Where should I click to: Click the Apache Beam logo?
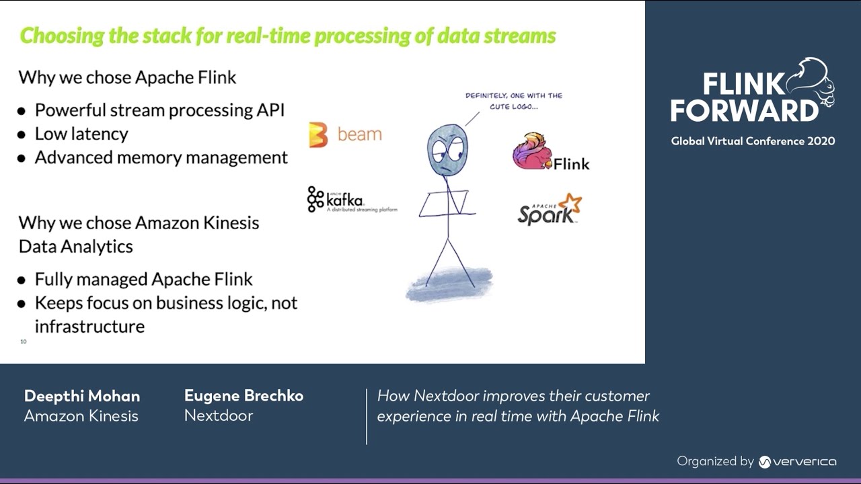click(x=345, y=134)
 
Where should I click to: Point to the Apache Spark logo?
click(x=549, y=209)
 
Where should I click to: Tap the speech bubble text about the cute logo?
click(x=513, y=101)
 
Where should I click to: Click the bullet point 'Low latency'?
click(x=81, y=134)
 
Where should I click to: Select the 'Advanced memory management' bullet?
click(x=161, y=157)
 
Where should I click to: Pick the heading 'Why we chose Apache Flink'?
click(x=127, y=77)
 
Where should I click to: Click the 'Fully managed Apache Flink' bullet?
click(x=143, y=279)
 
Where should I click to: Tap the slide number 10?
click(x=24, y=341)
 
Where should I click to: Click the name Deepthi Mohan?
click(x=82, y=396)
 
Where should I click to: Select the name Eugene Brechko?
click(x=244, y=396)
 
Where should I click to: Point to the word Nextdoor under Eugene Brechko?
click(x=219, y=415)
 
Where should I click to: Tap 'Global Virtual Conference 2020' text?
click(x=753, y=141)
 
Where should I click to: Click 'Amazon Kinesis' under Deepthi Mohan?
click(x=81, y=416)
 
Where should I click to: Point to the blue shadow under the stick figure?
click(x=449, y=284)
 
